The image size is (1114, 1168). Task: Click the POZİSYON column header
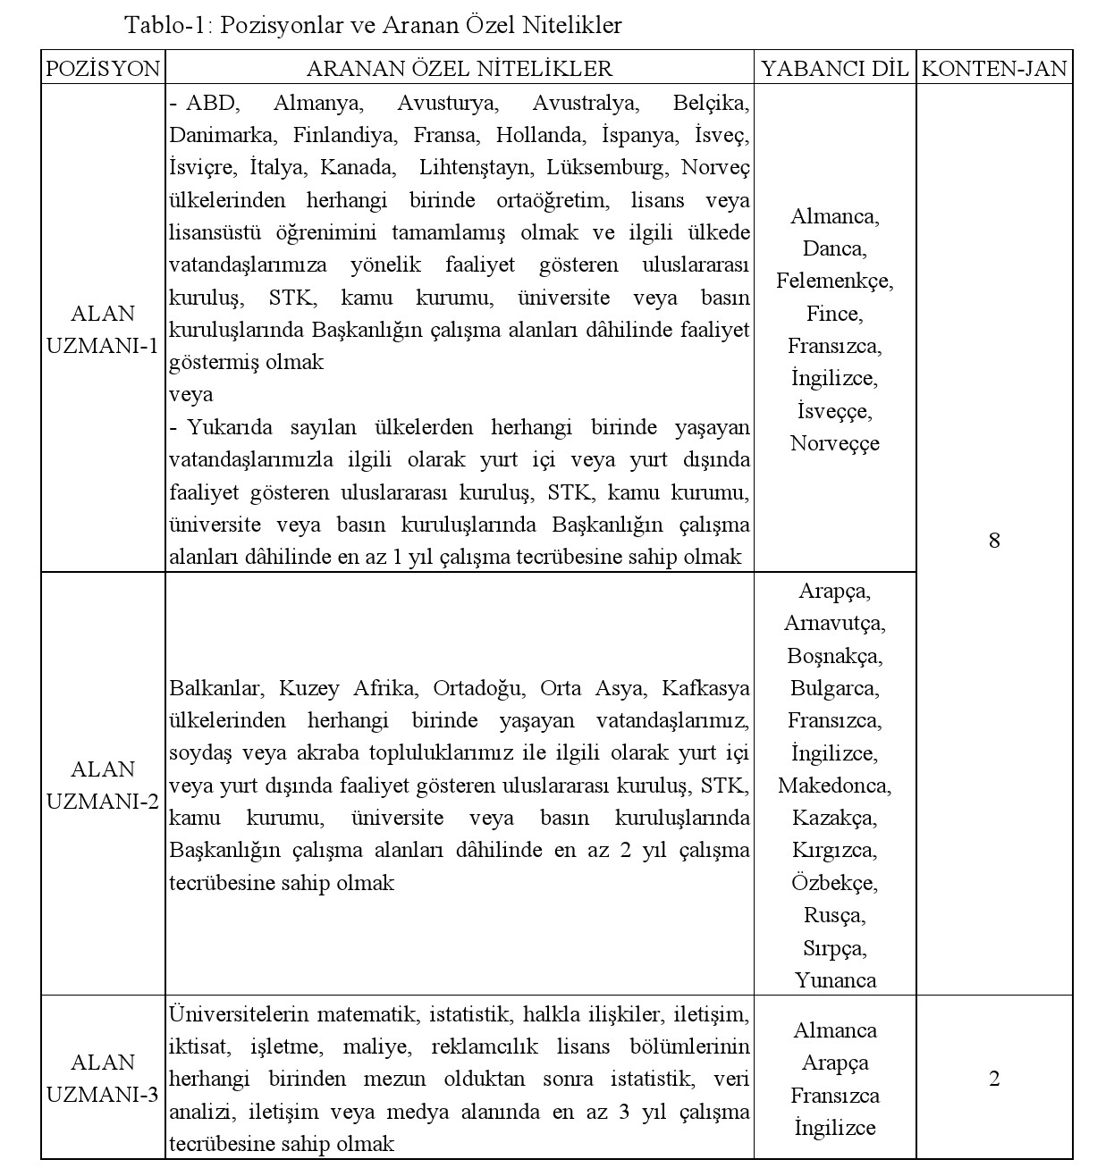point(103,69)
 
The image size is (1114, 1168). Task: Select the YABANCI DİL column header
point(834,69)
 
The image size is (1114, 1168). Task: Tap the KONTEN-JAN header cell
point(994,69)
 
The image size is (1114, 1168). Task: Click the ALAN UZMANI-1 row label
point(103,330)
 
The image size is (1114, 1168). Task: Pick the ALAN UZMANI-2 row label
point(103,785)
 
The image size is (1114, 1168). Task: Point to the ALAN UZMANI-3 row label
point(103,1078)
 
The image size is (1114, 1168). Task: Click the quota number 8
point(994,540)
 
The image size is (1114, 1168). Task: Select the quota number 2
point(994,1079)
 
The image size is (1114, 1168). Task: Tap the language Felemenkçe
point(834,281)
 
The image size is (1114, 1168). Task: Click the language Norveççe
point(834,443)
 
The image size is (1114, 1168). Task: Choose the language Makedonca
point(834,786)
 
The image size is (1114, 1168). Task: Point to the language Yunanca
point(835,980)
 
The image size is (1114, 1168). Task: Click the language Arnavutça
point(834,623)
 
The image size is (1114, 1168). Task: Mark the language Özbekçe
point(834,883)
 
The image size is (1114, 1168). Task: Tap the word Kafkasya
point(705,688)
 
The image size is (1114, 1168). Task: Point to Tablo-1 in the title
point(165,25)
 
